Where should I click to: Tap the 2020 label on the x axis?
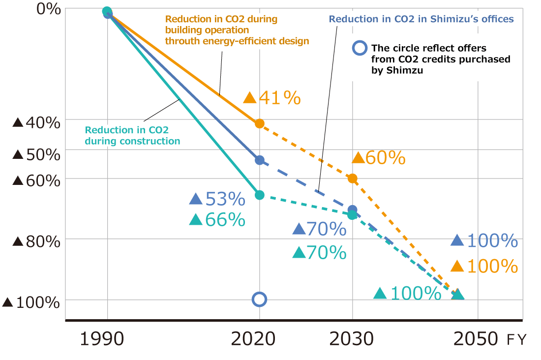click(254, 339)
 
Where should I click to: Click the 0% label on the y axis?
click(49, 9)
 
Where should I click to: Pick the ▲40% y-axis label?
click(36, 122)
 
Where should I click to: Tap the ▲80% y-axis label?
click(36, 241)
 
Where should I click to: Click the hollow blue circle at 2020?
click(259, 299)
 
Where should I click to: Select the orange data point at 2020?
click(259, 123)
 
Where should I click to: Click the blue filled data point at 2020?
click(259, 160)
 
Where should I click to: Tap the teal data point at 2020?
click(259, 195)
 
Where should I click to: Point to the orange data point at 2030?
click(352, 178)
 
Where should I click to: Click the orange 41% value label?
click(272, 98)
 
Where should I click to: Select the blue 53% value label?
click(217, 199)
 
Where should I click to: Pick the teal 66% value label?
click(217, 220)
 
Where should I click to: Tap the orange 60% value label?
click(379, 158)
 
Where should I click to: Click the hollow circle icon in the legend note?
click(360, 48)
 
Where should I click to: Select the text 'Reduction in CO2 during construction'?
click(132, 136)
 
